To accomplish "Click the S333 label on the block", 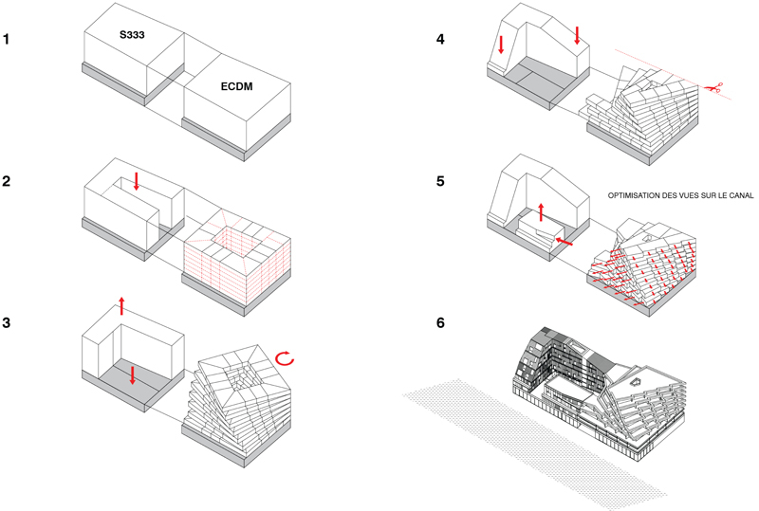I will pos(133,35).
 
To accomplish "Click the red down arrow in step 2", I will pos(137,180).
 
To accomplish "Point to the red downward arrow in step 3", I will pos(133,374).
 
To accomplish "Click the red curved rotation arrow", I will pos(286,358).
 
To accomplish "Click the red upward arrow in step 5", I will pos(542,210).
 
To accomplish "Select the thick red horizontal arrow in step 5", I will pos(564,244).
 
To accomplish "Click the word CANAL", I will pos(738,196).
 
